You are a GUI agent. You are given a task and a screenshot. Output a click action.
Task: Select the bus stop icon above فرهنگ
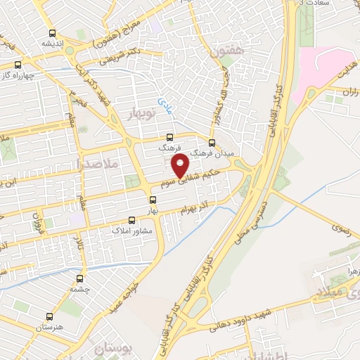(x=169, y=138)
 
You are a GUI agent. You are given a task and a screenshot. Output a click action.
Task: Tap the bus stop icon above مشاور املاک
(x=132, y=220)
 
